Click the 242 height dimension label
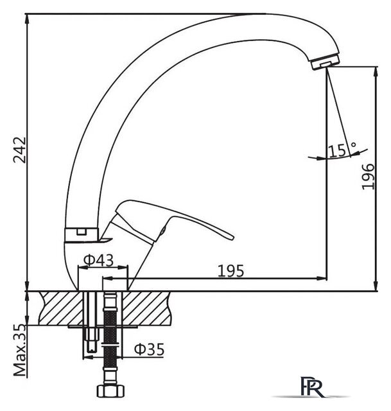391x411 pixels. tap(20, 150)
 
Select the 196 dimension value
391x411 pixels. tap(368, 177)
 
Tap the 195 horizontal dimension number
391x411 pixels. tap(231, 271)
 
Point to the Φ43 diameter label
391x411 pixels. tap(99, 260)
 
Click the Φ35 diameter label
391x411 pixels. tap(149, 349)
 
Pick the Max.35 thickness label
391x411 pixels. tap(20, 350)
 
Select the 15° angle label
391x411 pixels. tap(342, 150)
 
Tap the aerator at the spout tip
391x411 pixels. tap(325, 62)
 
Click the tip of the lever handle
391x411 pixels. tap(232, 237)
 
